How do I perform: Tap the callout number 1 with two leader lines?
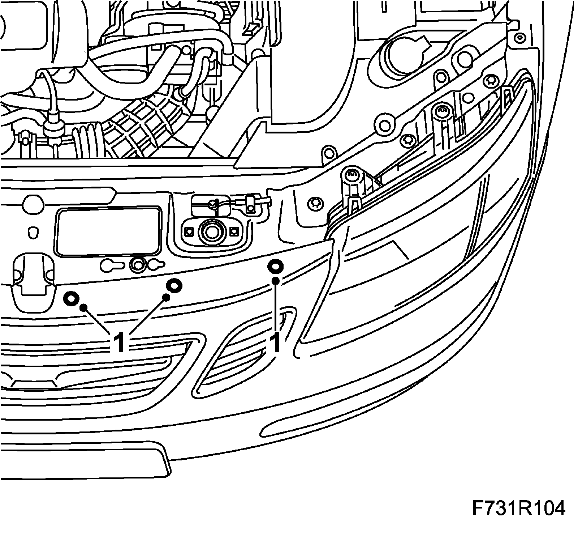point(120,343)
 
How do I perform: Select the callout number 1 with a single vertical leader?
point(276,343)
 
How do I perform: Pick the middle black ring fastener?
point(174,286)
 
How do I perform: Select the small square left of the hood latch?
point(188,230)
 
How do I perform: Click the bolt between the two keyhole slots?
point(138,264)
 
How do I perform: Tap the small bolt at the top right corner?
point(519,38)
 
